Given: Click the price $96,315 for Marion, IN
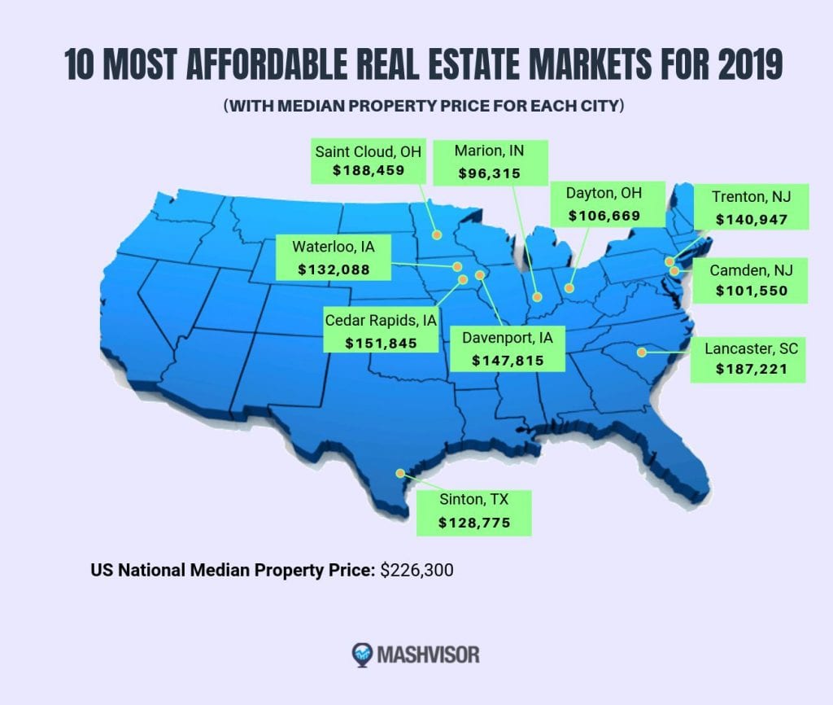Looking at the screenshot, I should tap(490, 173).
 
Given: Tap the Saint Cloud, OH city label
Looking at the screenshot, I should tap(369, 151).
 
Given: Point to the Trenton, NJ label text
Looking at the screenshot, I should tap(751, 197).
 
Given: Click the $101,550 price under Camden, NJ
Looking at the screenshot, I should tap(751, 290).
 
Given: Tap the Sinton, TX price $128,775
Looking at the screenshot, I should tap(474, 523).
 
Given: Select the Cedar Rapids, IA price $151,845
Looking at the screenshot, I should tap(381, 343).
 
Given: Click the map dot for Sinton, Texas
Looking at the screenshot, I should tap(399, 473).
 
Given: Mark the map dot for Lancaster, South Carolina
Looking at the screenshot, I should tap(642, 352).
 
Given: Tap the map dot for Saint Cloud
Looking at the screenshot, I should tap(437, 235).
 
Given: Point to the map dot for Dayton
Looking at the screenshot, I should tap(569, 287).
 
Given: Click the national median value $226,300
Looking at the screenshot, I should tap(416, 570).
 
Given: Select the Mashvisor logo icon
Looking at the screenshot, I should tap(362, 654).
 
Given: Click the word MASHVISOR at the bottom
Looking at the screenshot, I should tap(429, 654).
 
